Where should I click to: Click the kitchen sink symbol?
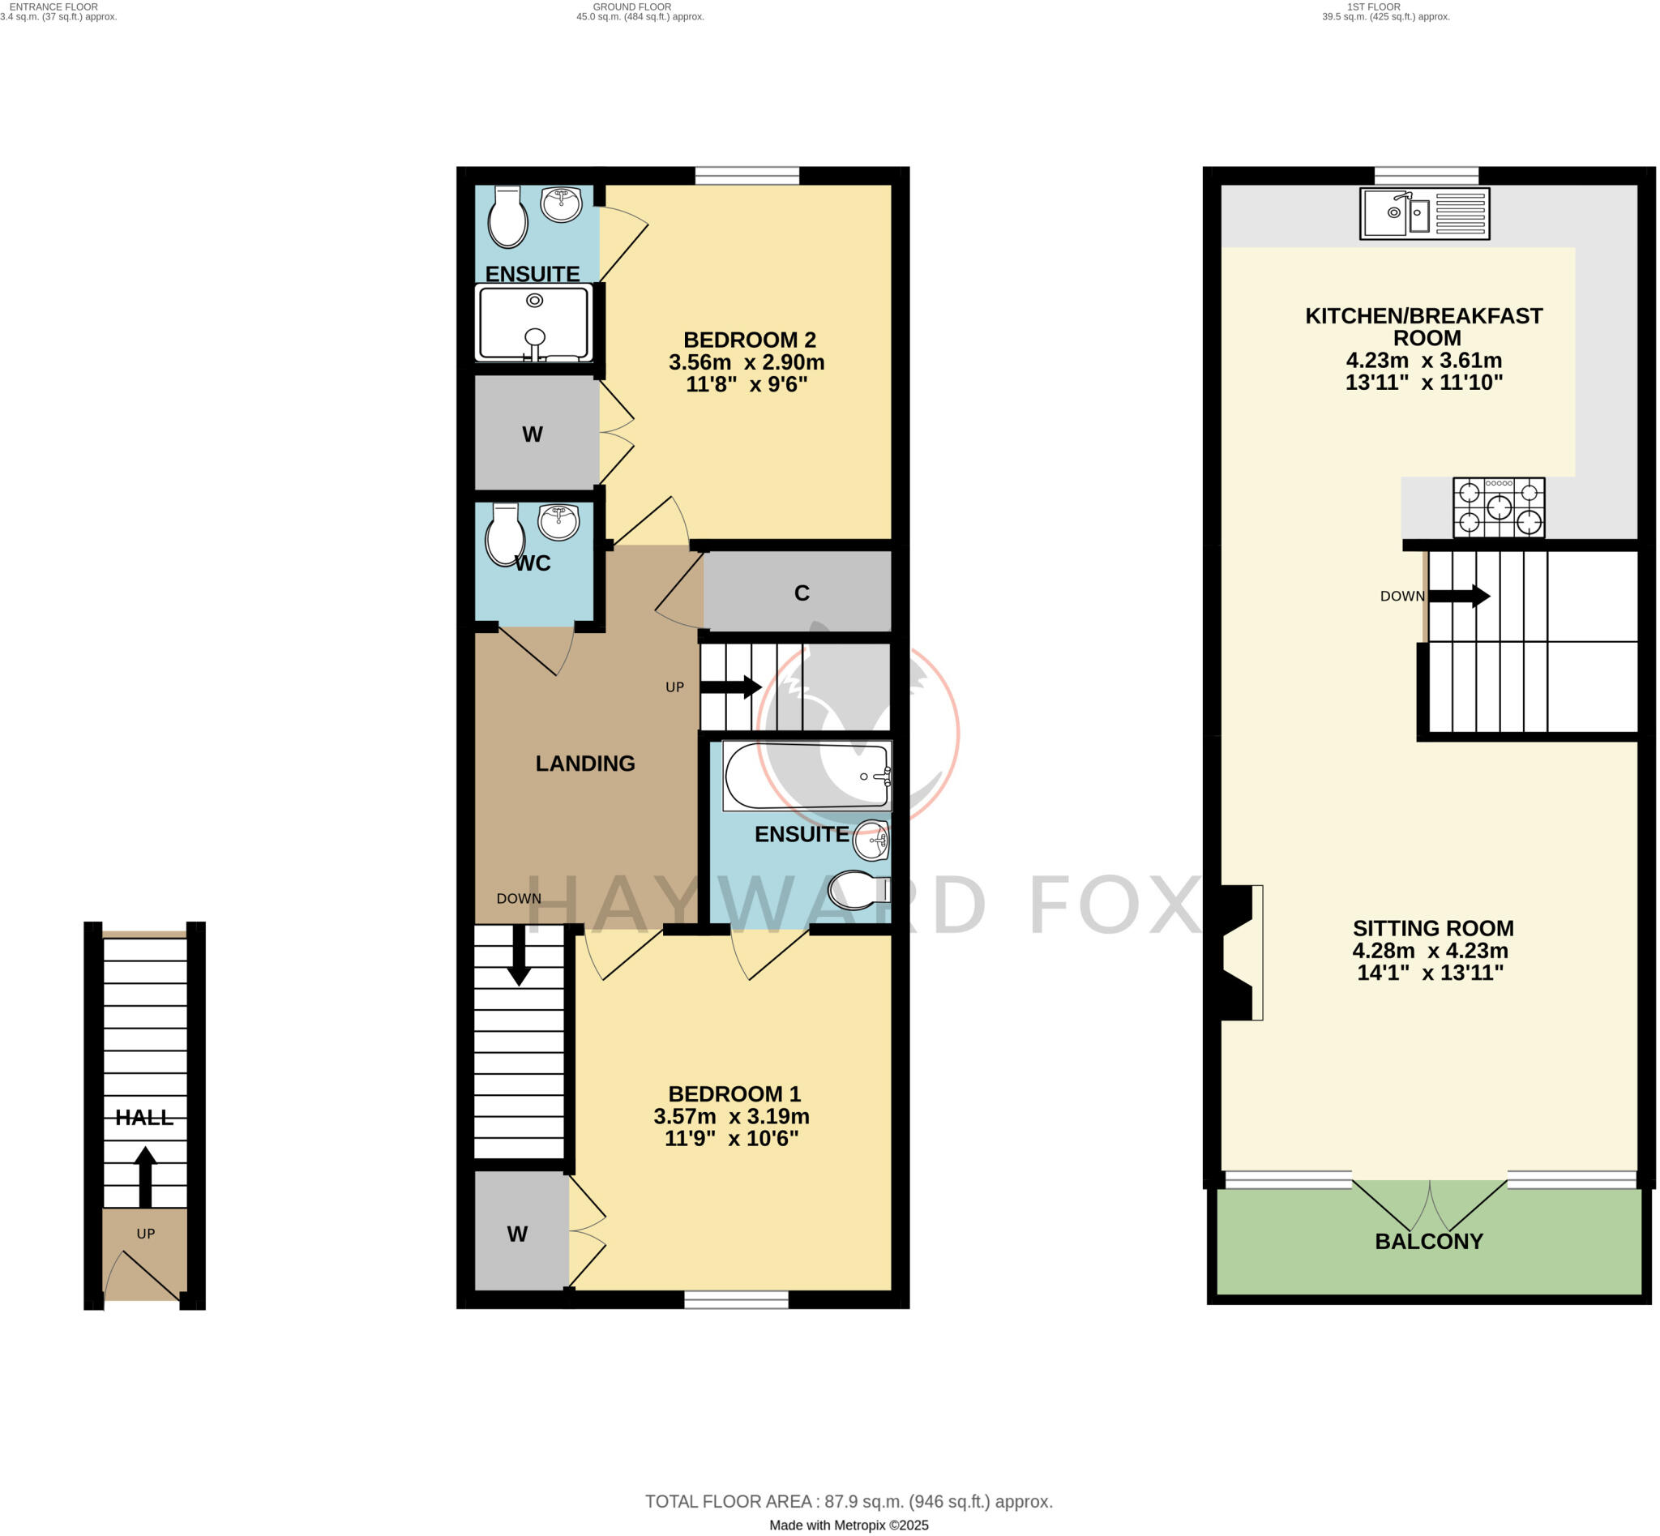(x=1423, y=214)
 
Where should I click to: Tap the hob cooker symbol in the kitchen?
(x=1498, y=507)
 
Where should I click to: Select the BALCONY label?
(x=1428, y=1241)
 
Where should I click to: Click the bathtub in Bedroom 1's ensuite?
(x=806, y=777)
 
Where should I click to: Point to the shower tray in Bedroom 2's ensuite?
(x=533, y=323)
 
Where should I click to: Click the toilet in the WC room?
(x=505, y=535)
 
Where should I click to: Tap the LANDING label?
(x=584, y=763)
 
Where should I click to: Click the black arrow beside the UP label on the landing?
(x=730, y=687)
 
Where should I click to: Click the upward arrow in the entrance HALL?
(x=145, y=1177)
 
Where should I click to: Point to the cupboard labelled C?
(x=801, y=593)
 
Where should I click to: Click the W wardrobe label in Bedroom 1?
(x=517, y=1234)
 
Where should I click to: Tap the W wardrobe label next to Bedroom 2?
(x=532, y=434)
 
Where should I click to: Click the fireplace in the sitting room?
(x=1239, y=952)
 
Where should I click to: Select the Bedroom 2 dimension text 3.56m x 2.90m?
(x=746, y=362)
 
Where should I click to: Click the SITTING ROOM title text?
(x=1432, y=927)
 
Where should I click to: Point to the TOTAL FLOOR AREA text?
(x=848, y=1478)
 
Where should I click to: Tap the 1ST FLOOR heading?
(x=1373, y=6)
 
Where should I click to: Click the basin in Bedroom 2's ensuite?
(x=562, y=203)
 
